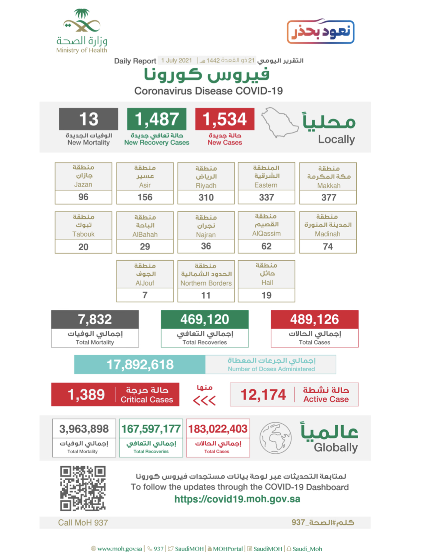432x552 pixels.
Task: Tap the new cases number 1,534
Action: coord(225,119)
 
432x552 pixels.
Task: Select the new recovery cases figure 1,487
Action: coord(157,119)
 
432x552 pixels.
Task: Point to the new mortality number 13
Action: coord(89,119)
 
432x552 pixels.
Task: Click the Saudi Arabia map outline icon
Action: coord(279,122)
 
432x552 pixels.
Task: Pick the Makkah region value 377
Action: coord(328,198)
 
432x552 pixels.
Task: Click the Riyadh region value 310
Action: coord(206,198)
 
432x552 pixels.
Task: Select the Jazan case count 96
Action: coord(83,197)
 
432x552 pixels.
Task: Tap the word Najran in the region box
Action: coord(206,234)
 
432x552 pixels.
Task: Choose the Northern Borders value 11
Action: coord(206,295)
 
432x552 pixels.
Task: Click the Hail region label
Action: coord(267,283)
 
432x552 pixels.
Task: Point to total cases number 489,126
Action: coord(314,319)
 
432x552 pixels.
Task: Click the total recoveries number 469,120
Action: coord(205,319)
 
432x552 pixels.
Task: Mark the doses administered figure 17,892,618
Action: coord(140,364)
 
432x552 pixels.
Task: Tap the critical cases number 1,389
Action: coord(86,395)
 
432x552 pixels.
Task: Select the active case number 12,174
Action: coord(263,395)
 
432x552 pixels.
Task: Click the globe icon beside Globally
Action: coord(275,438)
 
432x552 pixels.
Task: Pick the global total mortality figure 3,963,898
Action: coord(84,429)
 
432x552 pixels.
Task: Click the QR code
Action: coord(83,488)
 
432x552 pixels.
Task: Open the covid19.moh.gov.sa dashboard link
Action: coord(237,499)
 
